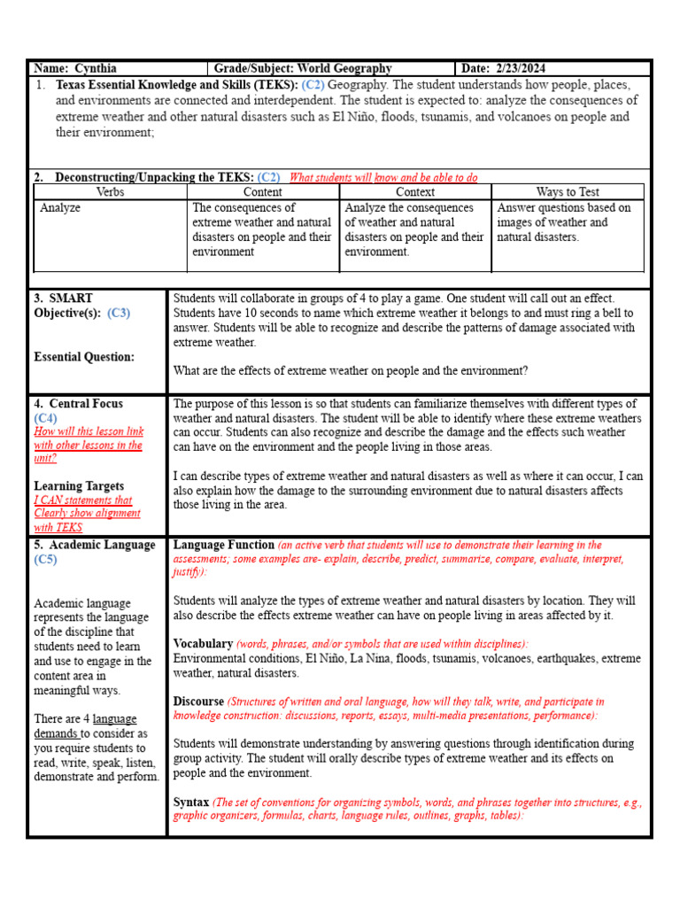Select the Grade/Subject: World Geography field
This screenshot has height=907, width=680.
click(x=303, y=68)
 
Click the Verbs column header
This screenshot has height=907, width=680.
click(x=110, y=191)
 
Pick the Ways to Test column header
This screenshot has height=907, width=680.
click(x=568, y=191)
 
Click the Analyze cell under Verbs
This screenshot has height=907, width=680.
click(x=60, y=207)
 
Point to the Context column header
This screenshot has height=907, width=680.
click(x=414, y=191)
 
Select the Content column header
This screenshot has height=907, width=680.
click(x=262, y=191)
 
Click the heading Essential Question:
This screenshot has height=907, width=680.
click(x=84, y=357)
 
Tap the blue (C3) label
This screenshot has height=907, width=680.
click(x=119, y=313)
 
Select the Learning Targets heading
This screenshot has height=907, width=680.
click(x=79, y=485)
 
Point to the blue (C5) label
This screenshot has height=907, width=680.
click(x=45, y=560)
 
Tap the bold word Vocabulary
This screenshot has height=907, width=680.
click(x=203, y=644)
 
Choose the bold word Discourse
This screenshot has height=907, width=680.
click(x=199, y=702)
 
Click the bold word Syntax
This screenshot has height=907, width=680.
click(x=191, y=802)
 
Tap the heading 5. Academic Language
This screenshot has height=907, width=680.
click(x=95, y=545)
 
